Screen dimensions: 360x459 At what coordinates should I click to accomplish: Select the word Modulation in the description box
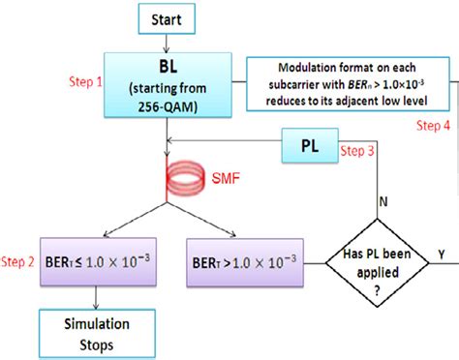click(x=308, y=66)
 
